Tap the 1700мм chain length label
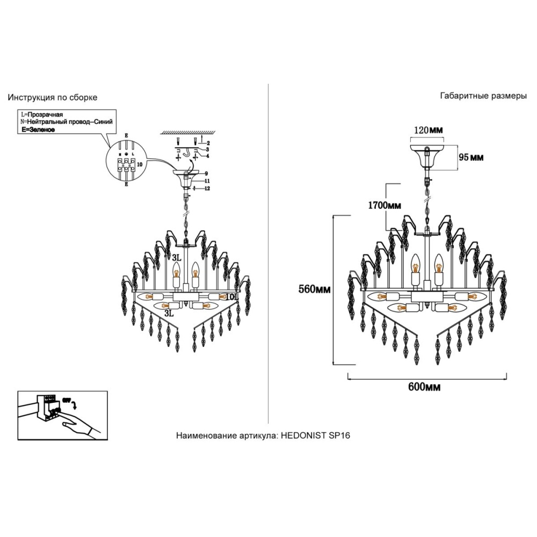click(384, 205)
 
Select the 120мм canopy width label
click(427, 130)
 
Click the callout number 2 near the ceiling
click(207, 143)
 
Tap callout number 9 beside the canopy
click(205, 173)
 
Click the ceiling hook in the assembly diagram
click(187, 154)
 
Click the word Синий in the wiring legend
click(103, 122)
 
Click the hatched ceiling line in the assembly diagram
click(188, 132)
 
